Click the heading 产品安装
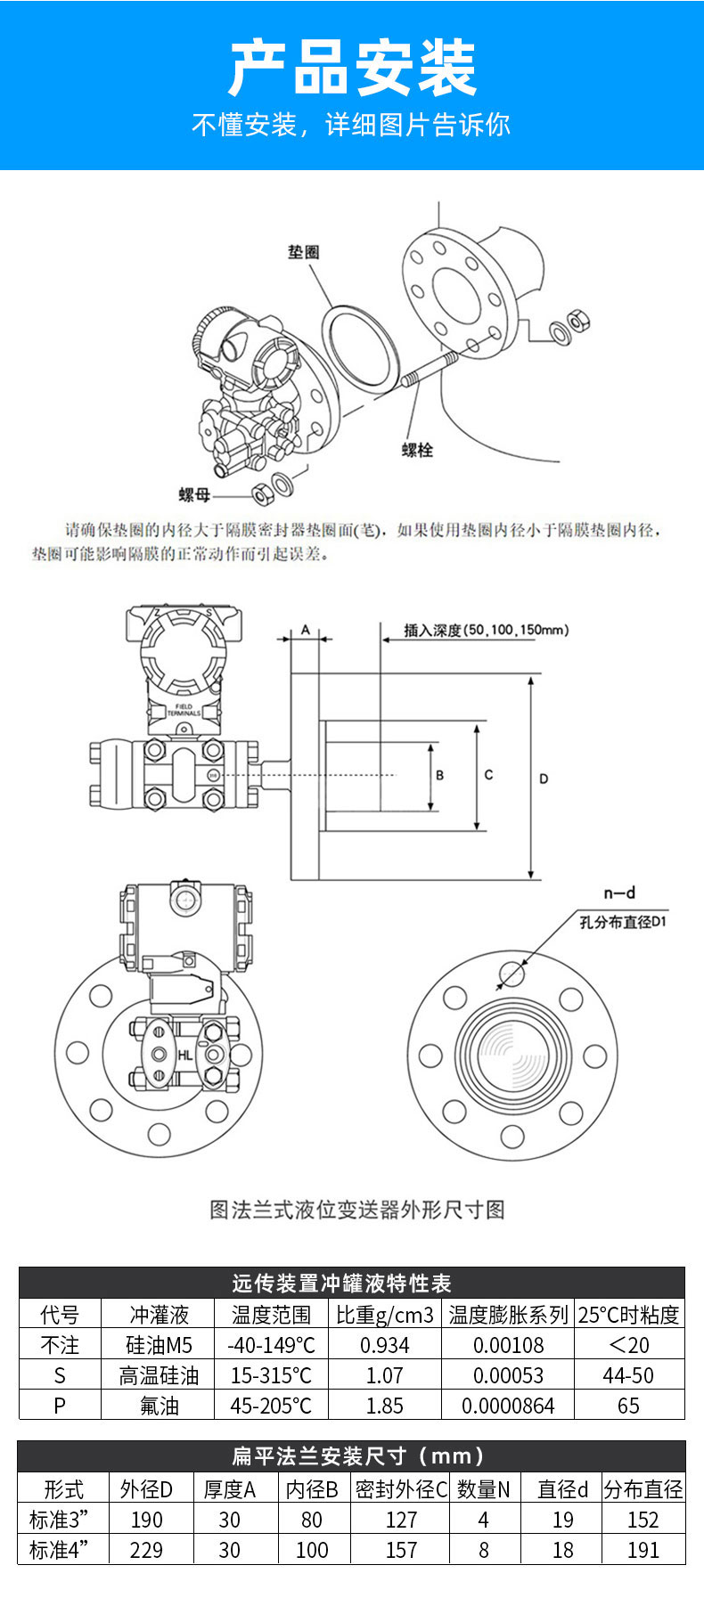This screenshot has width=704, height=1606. (352, 69)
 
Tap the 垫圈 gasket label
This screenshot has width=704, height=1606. (303, 252)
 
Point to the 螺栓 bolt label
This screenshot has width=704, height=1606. (417, 450)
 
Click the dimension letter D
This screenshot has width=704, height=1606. (544, 779)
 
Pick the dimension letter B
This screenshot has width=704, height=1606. (439, 775)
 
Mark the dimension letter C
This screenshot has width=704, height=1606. (488, 775)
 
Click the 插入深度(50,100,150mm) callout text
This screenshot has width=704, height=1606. (486, 631)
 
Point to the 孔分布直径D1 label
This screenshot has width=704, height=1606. (623, 922)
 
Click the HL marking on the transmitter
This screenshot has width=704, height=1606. (184, 1055)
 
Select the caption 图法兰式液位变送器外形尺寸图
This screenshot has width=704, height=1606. (357, 1210)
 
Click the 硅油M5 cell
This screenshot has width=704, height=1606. (159, 1345)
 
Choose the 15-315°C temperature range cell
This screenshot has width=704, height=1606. (271, 1375)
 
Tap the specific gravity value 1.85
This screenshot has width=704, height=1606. (384, 1406)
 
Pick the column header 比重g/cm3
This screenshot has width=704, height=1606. (384, 1315)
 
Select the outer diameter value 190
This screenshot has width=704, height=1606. (146, 1520)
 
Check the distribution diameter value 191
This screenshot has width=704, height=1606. (643, 1550)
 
